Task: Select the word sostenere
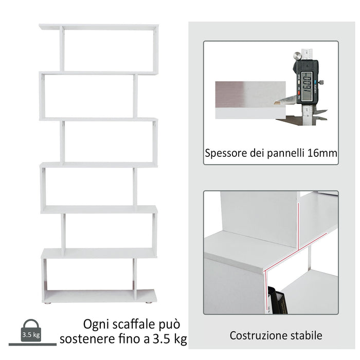coord(85,339)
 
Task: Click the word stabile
coord(304,336)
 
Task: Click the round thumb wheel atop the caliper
coord(297,55)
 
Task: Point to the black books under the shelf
coord(275,301)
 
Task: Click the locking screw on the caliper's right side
coord(321,81)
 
